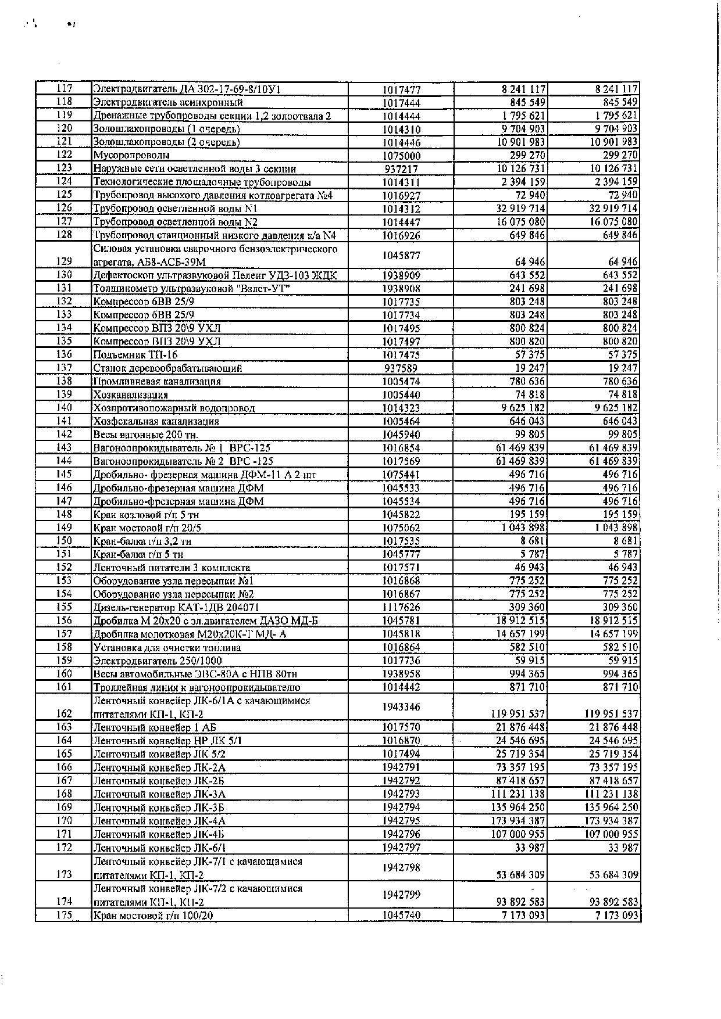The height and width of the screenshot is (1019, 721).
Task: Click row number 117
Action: (x=64, y=89)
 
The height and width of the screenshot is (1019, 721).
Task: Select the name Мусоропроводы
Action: (x=131, y=155)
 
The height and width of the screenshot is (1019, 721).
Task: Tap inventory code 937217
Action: (x=401, y=169)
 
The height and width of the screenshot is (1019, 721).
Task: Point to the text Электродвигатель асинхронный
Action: (x=167, y=103)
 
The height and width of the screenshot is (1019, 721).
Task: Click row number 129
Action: (x=64, y=262)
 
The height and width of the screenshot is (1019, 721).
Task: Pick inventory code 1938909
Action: (x=401, y=275)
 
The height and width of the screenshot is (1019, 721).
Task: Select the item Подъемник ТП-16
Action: (x=135, y=355)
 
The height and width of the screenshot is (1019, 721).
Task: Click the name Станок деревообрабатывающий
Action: (x=167, y=368)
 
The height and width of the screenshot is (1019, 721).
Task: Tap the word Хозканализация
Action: (x=131, y=395)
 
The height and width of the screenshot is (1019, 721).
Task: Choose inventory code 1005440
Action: (x=401, y=395)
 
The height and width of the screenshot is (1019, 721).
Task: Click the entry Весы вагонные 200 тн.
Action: (x=146, y=435)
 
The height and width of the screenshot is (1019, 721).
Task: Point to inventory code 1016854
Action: (x=401, y=448)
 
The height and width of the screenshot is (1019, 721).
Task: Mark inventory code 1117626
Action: (x=401, y=608)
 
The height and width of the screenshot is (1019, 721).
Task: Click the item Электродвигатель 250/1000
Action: (x=158, y=661)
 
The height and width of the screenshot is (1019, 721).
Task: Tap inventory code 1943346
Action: (x=401, y=707)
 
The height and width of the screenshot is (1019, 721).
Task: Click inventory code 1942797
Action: (x=401, y=848)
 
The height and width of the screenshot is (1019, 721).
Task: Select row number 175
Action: (x=64, y=915)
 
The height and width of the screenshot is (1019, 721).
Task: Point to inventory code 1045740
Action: (x=401, y=915)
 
